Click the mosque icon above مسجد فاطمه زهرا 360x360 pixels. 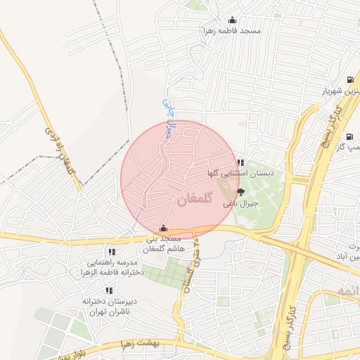pos(233,20)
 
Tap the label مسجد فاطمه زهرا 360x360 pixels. pos(231,31)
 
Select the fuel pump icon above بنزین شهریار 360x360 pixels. pos(350,79)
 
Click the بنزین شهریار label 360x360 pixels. pos(337,91)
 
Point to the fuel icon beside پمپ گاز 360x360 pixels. pos(349,136)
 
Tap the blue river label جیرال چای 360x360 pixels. pos(167,112)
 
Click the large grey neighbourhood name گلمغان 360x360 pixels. pos(190,200)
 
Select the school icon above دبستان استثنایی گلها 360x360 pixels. pos(241,162)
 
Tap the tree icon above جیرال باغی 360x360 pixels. pos(241,192)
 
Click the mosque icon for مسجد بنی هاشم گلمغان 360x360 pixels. pos(164,229)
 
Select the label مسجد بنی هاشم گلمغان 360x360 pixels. pos(163,245)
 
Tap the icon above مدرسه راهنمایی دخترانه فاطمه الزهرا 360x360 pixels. pos(111,251)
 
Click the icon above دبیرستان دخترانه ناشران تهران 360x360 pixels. pos(108,290)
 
